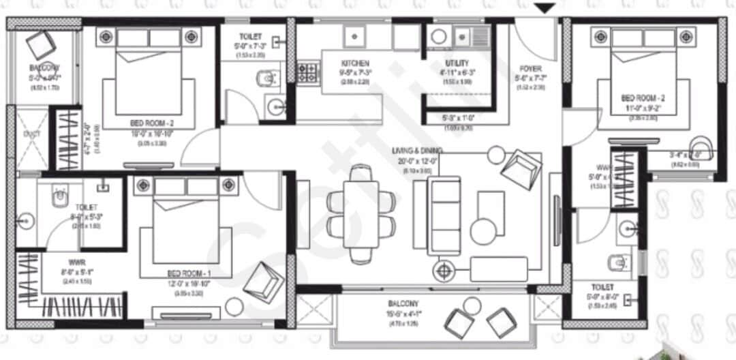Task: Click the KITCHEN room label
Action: (x=355, y=63)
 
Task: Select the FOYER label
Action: (x=531, y=68)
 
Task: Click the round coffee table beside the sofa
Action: (x=485, y=232)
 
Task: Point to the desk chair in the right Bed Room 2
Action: (x=701, y=147)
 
